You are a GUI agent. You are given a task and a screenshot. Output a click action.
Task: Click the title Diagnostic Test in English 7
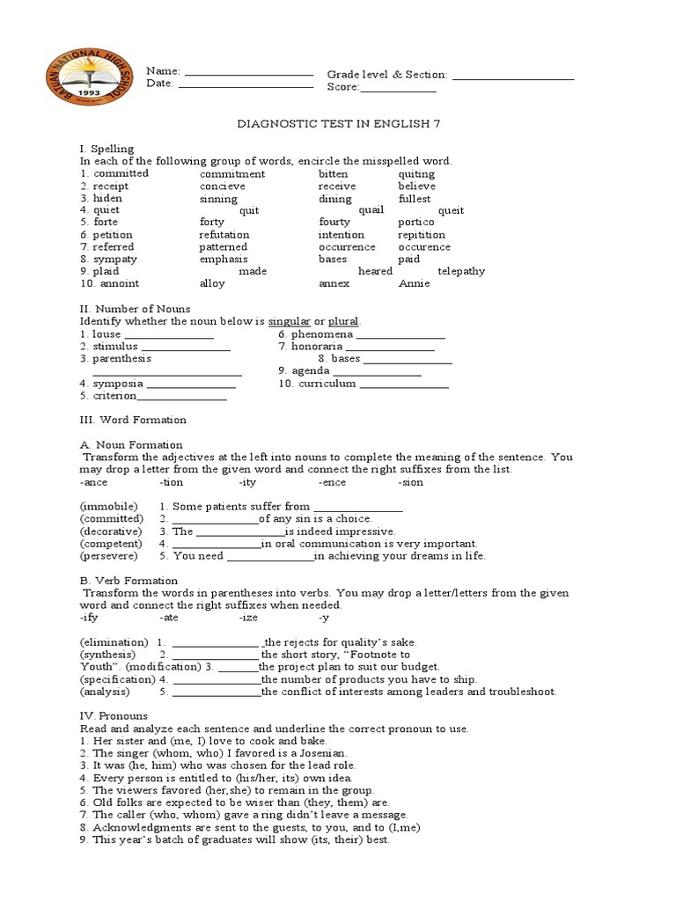point(339,124)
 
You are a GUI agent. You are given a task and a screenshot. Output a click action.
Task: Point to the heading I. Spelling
point(107,149)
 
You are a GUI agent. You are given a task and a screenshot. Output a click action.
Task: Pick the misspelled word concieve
point(223,187)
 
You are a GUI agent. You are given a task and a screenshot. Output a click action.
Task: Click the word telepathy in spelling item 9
point(461,271)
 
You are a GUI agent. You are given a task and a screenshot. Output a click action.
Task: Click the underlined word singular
point(295,322)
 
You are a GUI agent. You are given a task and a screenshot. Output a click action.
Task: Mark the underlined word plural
point(343,322)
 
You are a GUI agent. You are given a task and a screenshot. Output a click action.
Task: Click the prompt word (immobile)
point(108,507)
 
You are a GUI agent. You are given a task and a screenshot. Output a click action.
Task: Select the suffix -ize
point(247,618)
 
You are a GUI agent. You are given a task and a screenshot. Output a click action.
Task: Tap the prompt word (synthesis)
point(108,655)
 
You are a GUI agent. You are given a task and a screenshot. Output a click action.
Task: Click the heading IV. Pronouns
point(114,716)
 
